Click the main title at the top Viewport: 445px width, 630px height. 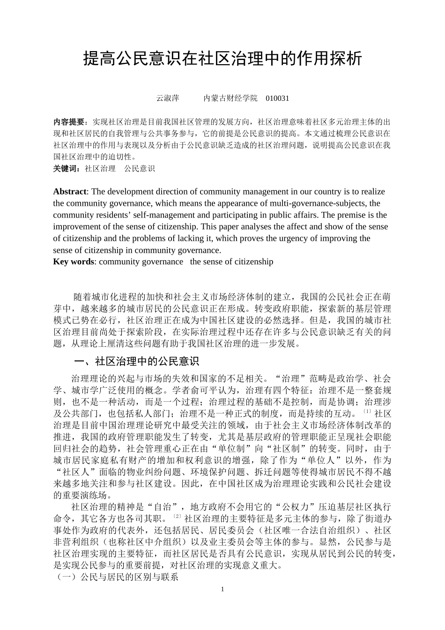pos(222,59)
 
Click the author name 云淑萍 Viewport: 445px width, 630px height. pos(167,98)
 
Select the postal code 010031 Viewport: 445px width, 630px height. pos(277,98)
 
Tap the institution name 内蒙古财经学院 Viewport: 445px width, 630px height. pos(230,98)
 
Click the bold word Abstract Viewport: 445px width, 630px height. pos(70,192)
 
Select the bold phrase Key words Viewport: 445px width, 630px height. pos(74,262)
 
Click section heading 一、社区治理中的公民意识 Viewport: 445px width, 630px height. pos(137,361)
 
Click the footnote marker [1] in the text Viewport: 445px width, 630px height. pos(367,412)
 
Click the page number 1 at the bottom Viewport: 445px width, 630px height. pos(223,589)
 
